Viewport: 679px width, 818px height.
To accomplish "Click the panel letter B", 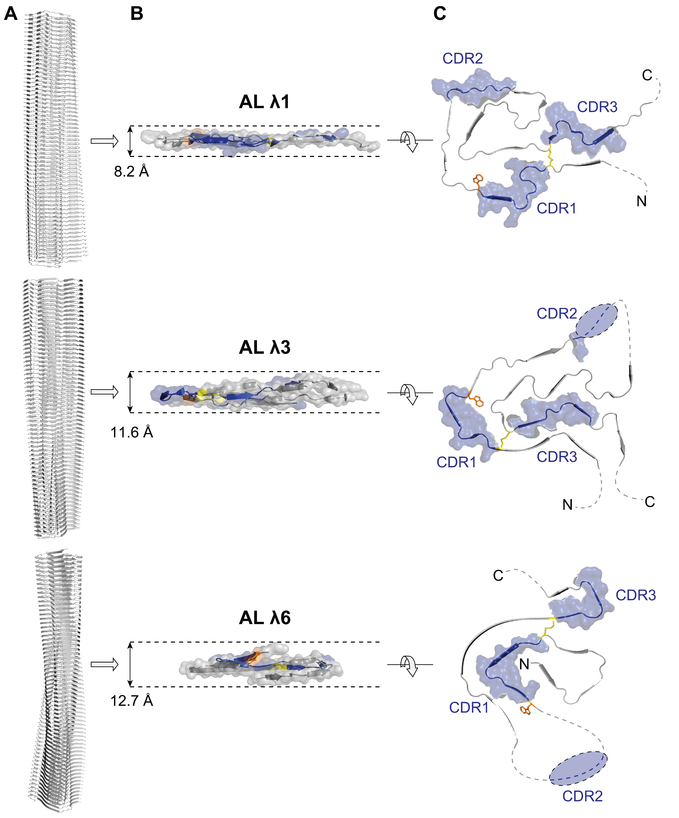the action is tap(136, 14).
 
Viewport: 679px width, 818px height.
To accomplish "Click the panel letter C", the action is tap(440, 14).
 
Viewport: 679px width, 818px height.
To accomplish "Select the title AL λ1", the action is tap(265, 102).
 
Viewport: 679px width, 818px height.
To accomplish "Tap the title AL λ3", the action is tap(265, 347).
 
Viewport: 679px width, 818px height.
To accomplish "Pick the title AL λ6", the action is tap(265, 618).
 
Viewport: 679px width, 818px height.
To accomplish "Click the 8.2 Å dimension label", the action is tap(131, 171).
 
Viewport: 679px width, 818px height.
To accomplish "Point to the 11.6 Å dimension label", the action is tap(131, 432).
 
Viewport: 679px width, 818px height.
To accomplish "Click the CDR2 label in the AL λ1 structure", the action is tap(463, 58).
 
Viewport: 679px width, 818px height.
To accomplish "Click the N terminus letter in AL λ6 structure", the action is tap(524, 664).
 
